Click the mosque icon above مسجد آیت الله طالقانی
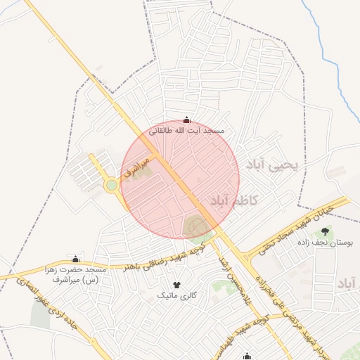[186, 120]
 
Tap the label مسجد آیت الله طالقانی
[186, 131]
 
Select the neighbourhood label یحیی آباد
[273, 165]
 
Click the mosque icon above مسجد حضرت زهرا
[76, 259]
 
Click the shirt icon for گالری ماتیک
[176, 285]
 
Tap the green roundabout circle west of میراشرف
[111, 186]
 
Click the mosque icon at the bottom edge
[246, 356]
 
